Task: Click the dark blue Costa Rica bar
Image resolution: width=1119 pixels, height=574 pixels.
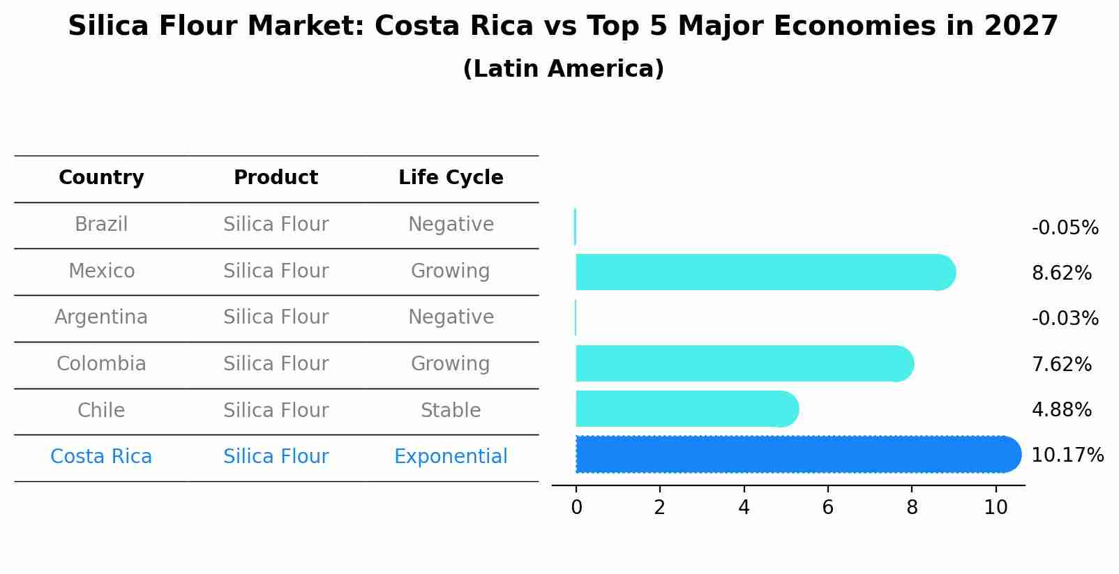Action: [x=795, y=455]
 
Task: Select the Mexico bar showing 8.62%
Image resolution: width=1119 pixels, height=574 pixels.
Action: [x=764, y=272]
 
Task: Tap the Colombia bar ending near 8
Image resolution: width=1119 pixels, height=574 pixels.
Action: [x=743, y=363]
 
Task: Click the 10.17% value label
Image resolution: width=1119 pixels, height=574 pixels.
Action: [x=1067, y=455]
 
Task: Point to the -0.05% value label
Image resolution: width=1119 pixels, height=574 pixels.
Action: [x=1065, y=228]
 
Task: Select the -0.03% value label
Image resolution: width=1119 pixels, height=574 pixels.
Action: [x=1065, y=319]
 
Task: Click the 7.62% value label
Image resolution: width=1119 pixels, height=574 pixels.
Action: [x=1061, y=364]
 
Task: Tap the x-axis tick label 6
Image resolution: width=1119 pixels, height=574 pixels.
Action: [x=827, y=508]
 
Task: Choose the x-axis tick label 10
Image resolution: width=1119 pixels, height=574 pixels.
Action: [x=996, y=508]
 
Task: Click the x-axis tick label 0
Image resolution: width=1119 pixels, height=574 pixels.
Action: [x=576, y=508]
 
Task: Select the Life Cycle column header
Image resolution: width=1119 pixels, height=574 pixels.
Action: [x=451, y=178]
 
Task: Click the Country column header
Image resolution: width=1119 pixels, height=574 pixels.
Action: [x=101, y=178]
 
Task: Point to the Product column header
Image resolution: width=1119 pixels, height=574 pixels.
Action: [x=276, y=178]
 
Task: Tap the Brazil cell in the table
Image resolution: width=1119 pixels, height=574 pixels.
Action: [x=101, y=225]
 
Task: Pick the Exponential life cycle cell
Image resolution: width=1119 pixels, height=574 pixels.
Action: [x=451, y=457]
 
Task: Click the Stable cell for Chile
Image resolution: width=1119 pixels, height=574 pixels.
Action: [x=451, y=410]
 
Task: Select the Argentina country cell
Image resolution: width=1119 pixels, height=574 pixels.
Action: [x=101, y=317]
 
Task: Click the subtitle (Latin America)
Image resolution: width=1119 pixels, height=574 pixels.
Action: [x=563, y=69]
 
